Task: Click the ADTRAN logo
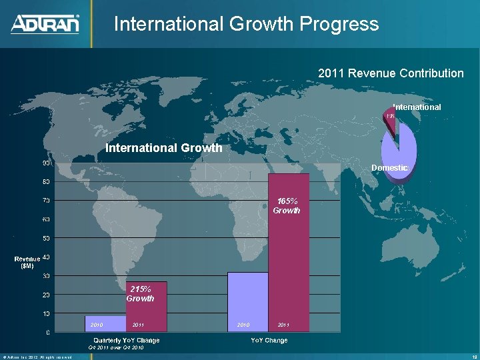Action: [45, 24]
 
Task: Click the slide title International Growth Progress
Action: [246, 25]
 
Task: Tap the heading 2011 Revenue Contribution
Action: [391, 73]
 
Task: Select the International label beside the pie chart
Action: [417, 107]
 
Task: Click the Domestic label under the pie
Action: [390, 168]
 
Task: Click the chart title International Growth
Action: [164, 148]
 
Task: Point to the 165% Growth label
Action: [287, 205]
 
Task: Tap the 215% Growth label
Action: [140, 294]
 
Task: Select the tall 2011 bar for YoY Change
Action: [289, 267]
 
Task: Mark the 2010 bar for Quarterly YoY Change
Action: [105, 324]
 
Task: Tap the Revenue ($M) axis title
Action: [27, 261]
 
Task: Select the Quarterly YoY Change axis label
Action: [126, 341]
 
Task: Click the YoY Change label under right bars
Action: [269, 341]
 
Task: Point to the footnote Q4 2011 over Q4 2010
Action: [115, 348]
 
